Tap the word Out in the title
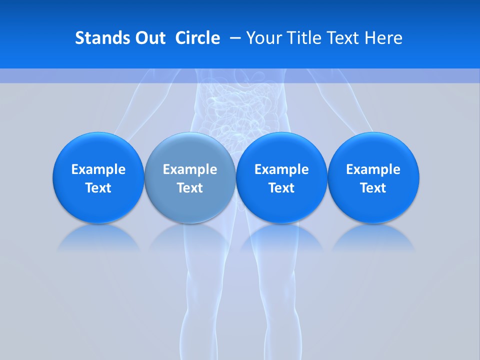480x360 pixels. tap(149, 38)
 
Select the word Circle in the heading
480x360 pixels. tap(197, 38)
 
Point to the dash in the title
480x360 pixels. tap(234, 38)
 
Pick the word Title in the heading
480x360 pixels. tap(304, 38)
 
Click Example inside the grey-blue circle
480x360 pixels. tap(190, 169)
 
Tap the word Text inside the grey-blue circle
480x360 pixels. tap(190, 188)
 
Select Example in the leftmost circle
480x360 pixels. tap(98, 169)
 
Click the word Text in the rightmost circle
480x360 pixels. tap(373, 188)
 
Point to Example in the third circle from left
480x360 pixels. tap(281, 169)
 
